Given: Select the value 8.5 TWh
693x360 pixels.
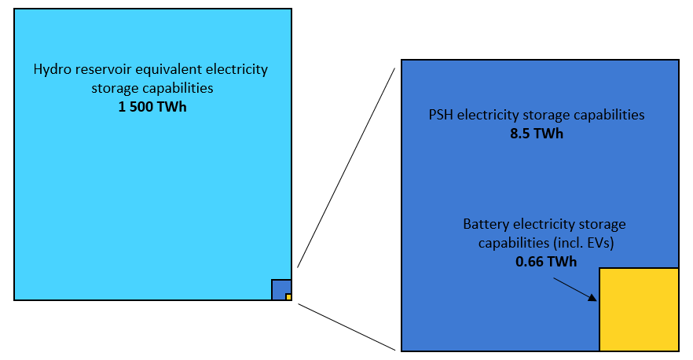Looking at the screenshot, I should tap(537, 133).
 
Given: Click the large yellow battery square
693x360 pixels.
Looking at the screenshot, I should tap(639, 310).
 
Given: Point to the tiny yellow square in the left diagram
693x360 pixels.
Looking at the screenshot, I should tap(288, 297).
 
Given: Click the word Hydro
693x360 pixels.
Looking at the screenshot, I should tap(52, 69).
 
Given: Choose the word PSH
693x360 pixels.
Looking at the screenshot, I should tap(438, 115).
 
